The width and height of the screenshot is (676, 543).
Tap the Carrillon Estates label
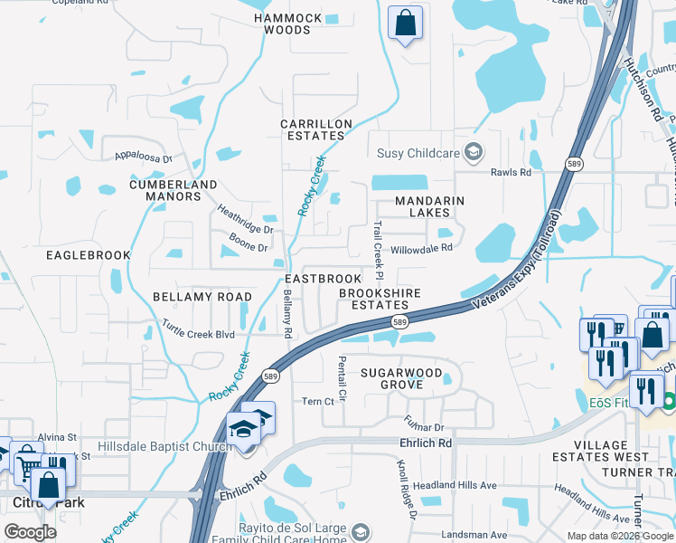point(314,129)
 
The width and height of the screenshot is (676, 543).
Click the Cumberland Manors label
point(164,190)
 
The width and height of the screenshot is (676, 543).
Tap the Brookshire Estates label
point(374,299)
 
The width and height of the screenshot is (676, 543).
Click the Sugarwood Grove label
point(401,378)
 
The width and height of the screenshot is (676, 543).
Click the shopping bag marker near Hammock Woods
point(406,22)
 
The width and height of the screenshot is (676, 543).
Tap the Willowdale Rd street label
point(420,247)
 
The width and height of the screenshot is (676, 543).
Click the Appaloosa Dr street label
point(143,157)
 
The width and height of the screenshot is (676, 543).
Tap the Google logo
point(30,532)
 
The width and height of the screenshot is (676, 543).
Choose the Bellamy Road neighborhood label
point(202,296)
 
